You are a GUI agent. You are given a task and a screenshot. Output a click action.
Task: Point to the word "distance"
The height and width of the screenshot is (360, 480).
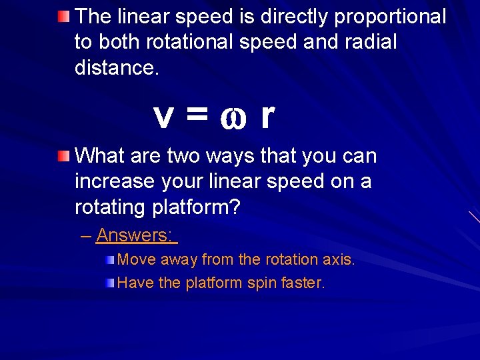(115, 68)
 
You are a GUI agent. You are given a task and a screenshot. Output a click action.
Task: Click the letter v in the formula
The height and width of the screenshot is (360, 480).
(164, 117)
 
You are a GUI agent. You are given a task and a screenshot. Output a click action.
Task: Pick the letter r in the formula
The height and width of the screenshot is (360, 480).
(267, 116)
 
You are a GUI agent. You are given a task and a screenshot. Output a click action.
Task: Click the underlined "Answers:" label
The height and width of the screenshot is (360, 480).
(135, 235)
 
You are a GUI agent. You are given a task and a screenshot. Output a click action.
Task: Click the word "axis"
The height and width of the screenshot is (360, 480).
(339, 259)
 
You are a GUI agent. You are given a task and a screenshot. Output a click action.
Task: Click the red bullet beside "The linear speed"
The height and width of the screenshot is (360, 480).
(63, 15)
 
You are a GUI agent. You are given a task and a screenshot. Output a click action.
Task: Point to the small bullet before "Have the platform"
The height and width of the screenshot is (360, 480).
(110, 283)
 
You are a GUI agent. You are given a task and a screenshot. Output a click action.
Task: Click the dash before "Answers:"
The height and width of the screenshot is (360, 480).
(86, 235)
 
